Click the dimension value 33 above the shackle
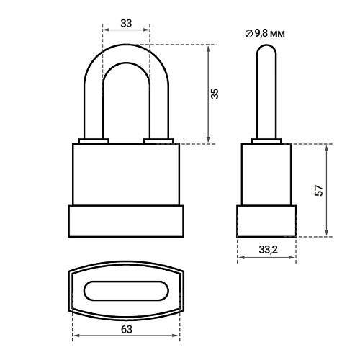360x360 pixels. coord(126,23)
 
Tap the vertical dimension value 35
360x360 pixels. coord(215,94)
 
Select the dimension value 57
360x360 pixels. coord(319,190)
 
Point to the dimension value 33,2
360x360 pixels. coord(268,250)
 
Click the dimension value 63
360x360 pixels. coord(127,330)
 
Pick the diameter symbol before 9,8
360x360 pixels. coord(249,34)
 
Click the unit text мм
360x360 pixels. coord(278,34)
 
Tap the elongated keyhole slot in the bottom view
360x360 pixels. coord(126,291)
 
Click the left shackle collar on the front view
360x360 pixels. coord(94,141)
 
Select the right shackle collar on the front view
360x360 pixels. coord(158,141)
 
